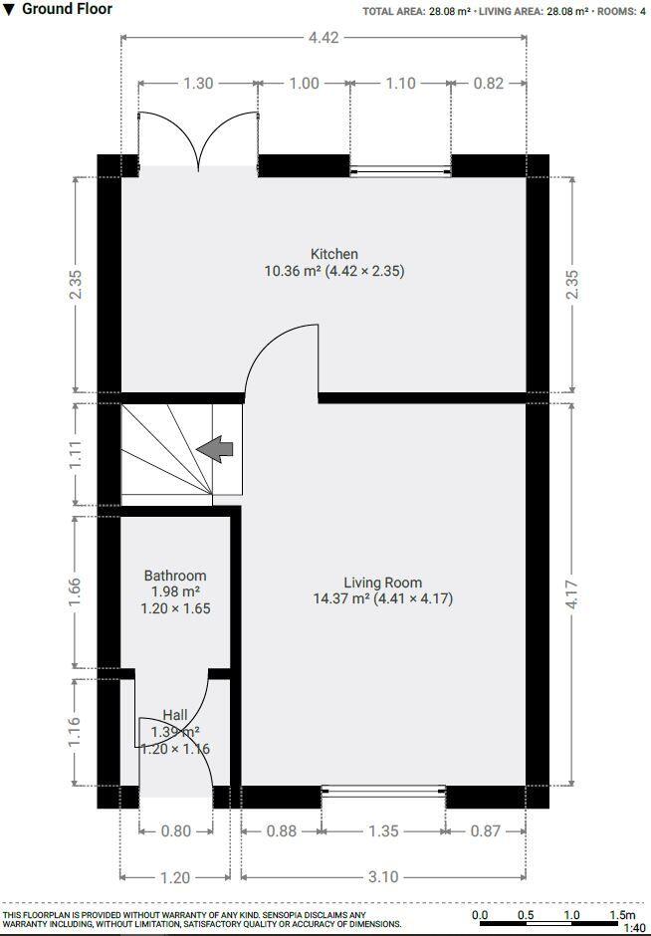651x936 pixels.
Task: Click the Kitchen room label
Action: pyautogui.click(x=333, y=254)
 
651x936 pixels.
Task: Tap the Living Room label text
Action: pyautogui.click(x=382, y=583)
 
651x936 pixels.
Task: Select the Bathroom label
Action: pyautogui.click(x=175, y=576)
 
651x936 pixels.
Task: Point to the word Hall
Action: pyautogui.click(x=175, y=715)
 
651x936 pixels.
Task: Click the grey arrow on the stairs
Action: pyautogui.click(x=215, y=450)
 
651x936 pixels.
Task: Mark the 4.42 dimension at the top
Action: pyautogui.click(x=324, y=39)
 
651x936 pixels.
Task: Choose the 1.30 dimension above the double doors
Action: pyautogui.click(x=198, y=84)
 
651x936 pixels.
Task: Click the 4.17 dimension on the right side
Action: pyautogui.click(x=571, y=595)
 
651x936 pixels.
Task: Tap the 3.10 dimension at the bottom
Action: pyautogui.click(x=383, y=877)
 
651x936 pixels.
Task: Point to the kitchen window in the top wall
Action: pyautogui.click(x=400, y=171)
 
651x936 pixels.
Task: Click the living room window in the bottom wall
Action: pyautogui.click(x=383, y=792)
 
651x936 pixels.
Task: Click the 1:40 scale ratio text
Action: pyautogui.click(x=634, y=928)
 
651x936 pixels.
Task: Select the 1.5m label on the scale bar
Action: pyautogui.click(x=622, y=915)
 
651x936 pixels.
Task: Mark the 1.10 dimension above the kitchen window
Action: pyautogui.click(x=400, y=84)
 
